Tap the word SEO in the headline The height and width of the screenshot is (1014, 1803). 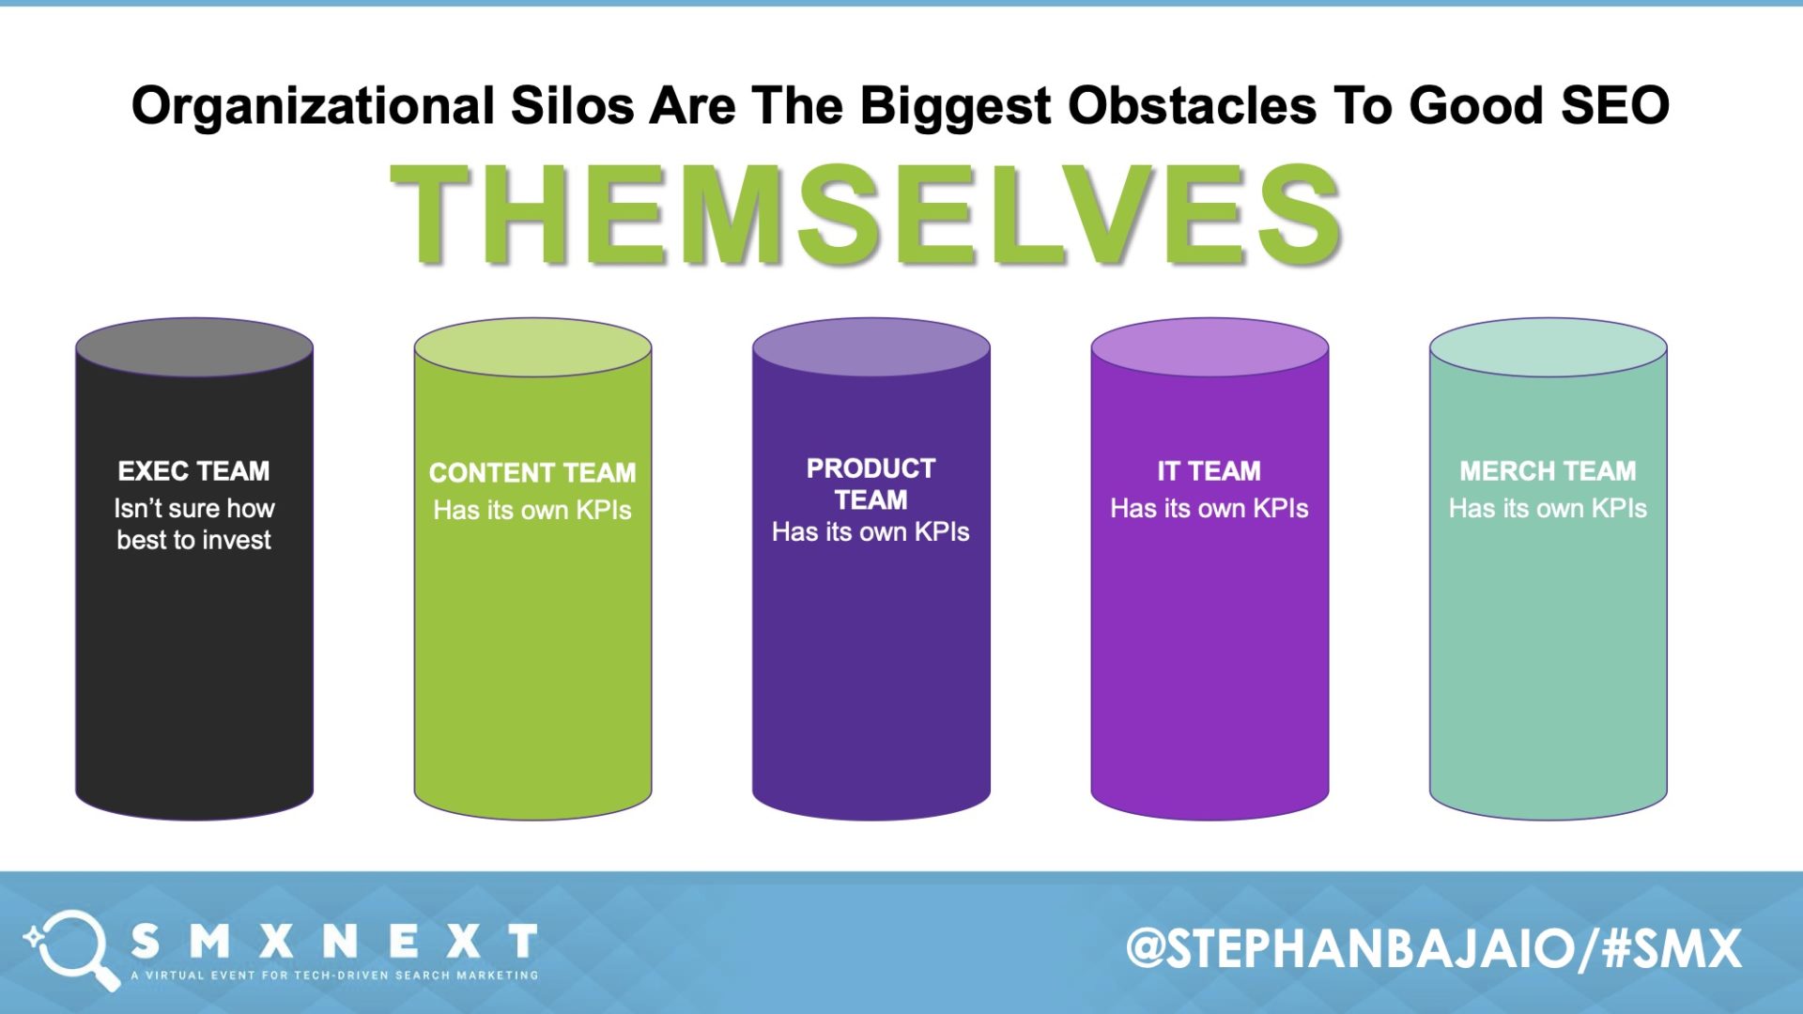1614,105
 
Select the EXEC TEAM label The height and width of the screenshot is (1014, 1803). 193,470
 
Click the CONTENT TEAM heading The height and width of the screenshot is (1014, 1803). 532,472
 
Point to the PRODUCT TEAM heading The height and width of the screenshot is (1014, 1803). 871,484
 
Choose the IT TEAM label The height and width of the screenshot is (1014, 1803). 1209,470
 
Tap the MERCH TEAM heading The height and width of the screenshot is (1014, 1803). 1548,470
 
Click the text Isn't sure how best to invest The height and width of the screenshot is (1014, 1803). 193,524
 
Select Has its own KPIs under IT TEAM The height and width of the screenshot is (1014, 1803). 1209,508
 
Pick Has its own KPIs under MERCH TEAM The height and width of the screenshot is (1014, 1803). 1548,508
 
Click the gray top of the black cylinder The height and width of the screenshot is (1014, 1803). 193,347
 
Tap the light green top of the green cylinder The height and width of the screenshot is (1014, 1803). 532,347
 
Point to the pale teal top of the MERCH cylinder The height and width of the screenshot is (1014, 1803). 1548,347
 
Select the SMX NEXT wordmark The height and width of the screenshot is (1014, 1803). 333,941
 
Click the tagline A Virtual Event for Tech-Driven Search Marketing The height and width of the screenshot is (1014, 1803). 334,976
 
